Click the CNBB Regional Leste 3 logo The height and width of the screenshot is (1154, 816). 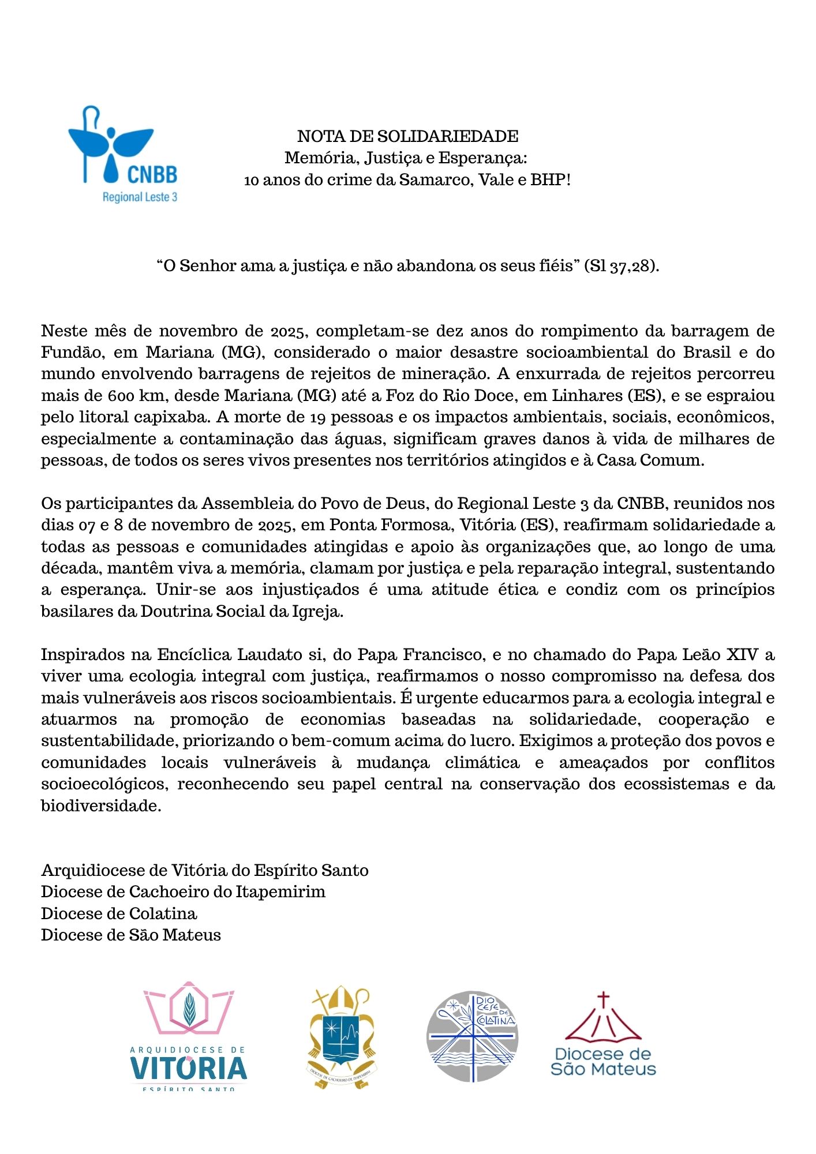tap(122, 154)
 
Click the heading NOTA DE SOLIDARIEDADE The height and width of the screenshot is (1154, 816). tap(407, 136)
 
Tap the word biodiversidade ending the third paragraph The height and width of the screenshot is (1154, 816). tap(100, 806)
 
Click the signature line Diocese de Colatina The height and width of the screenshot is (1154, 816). tap(119, 914)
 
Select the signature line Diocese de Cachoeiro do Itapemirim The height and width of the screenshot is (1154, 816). tap(183, 892)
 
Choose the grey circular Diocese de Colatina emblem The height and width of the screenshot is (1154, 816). tap(472, 1036)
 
